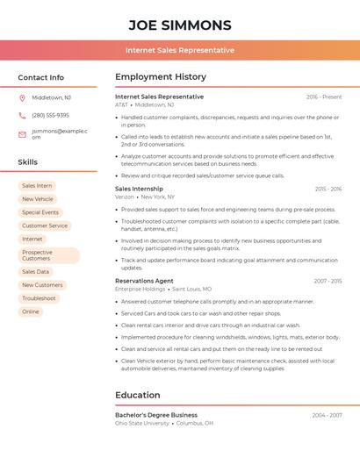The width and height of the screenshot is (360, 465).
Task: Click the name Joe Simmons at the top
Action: pos(180,25)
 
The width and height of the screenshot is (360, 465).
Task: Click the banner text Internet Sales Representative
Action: pos(180,50)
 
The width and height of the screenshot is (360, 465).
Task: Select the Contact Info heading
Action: pos(40,77)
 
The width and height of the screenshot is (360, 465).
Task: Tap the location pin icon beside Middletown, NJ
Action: pos(22,97)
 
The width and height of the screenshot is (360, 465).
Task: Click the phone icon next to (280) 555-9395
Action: pos(22,115)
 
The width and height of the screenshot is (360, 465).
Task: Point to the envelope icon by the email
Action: pos(22,134)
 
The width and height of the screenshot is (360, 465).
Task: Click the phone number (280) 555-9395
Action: pos(50,115)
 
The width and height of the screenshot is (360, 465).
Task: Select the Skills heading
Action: pos(27,162)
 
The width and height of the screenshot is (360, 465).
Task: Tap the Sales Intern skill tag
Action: pos(37,186)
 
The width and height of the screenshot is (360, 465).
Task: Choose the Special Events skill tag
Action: pos(40,212)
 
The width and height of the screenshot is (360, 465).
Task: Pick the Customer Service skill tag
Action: pos(45,225)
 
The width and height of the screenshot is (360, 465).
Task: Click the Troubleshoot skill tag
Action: pos(39,298)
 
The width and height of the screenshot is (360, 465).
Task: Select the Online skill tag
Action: pos(31,311)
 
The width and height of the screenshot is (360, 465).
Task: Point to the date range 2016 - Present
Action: pos(324,97)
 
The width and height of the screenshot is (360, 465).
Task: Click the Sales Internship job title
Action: pos(139,189)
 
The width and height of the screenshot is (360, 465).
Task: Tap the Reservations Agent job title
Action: pos(144,281)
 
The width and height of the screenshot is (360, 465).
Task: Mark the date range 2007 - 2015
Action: pos(327,281)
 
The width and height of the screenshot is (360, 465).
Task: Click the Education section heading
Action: pos(137,395)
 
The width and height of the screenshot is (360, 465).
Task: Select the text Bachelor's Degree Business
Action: pos(156,415)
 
